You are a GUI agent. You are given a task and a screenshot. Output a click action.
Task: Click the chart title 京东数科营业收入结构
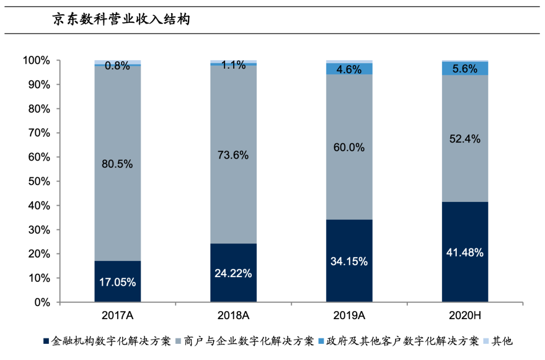(x=121, y=20)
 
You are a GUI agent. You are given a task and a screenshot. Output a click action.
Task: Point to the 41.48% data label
(x=465, y=252)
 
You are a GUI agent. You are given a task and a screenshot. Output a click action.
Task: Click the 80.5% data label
(x=118, y=165)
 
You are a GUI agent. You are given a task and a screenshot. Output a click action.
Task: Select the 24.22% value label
(x=234, y=274)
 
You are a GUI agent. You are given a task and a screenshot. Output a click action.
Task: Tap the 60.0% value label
(x=349, y=147)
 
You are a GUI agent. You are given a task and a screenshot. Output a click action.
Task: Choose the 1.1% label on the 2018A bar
(x=234, y=65)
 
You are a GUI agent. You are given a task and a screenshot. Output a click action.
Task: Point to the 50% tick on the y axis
(x=38, y=181)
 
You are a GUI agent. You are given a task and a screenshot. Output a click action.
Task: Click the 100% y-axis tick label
(x=36, y=61)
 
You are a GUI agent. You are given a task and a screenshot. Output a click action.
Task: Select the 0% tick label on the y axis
(x=42, y=302)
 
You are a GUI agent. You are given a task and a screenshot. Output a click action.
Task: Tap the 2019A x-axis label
(x=349, y=316)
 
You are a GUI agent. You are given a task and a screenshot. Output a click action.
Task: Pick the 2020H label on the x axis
(x=465, y=316)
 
